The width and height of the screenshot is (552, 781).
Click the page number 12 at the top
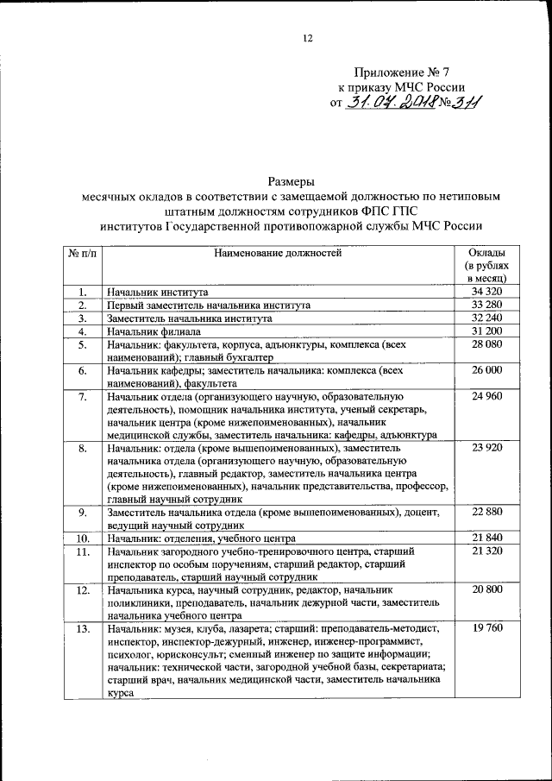[x=308, y=38]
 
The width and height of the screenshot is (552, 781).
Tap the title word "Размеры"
[x=291, y=182]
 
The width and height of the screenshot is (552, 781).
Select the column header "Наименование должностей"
[x=277, y=253]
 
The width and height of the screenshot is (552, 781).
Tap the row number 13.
[x=82, y=629]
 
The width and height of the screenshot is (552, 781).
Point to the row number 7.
[x=82, y=396]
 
